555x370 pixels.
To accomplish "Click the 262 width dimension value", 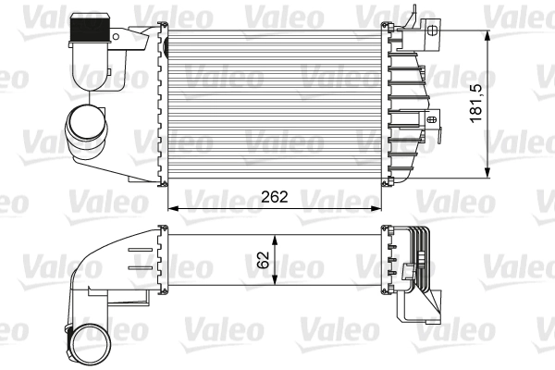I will pyautogui.click(x=275, y=196).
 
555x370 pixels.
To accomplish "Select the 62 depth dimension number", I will pyautogui.click(x=265, y=259).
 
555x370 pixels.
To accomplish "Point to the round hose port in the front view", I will pyautogui.click(x=84, y=127).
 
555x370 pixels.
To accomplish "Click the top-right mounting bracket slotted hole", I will pyautogui.click(x=431, y=29).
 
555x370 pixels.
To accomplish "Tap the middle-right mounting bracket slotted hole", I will pyautogui.click(x=432, y=118).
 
